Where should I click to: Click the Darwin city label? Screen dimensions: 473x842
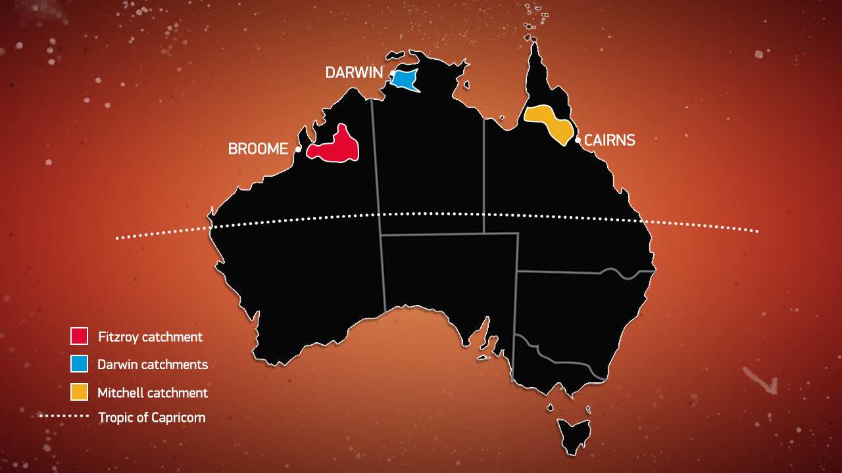coord(354,73)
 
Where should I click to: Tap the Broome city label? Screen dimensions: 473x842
coord(258,149)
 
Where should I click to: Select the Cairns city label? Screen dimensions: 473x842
coord(609,140)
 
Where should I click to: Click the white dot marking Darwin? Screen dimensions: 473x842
coord(391,73)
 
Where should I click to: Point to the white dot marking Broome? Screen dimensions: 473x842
coord(298,149)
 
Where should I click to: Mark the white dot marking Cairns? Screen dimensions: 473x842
coord(578,140)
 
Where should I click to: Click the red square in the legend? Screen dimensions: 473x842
coord(79,336)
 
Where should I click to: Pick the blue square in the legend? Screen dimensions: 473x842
coord(79,364)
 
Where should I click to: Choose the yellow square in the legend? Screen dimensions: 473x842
coord(79,392)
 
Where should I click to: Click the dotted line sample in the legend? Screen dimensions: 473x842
coord(64,416)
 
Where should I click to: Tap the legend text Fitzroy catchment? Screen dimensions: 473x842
coord(150,337)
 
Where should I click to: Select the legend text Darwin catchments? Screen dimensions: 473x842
coord(153,365)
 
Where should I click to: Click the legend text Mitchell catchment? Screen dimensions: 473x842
coord(153,393)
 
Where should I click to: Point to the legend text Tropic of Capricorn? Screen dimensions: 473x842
coord(151,417)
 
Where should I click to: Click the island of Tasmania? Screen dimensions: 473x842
coord(572,435)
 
